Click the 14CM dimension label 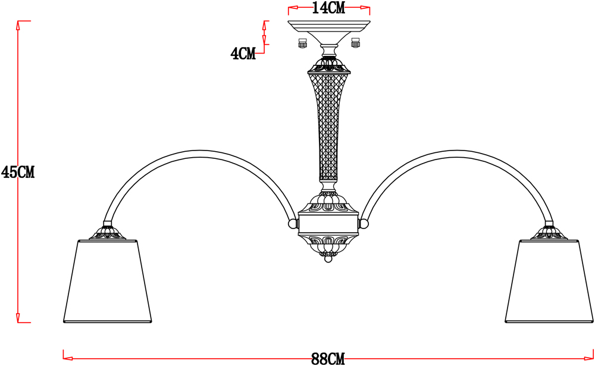328,8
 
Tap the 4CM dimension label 243,54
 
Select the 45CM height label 17,173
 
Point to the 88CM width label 328,359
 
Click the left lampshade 107,281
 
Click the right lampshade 549,281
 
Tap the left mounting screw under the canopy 302,43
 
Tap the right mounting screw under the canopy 356,43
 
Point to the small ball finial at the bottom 328,259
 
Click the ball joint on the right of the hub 364,224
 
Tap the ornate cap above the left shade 108,232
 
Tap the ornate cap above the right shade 549,232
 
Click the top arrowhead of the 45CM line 17,26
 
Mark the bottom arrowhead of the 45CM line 17,318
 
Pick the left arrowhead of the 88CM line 68,358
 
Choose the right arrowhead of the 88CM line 589,358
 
